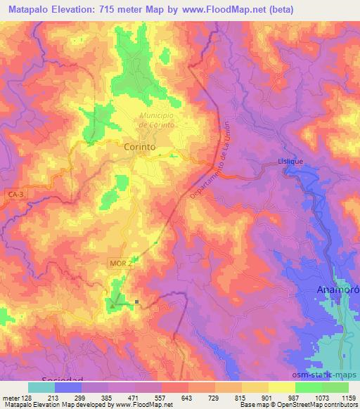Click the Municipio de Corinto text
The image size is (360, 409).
point(156,120)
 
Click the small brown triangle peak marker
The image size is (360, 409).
point(111,305)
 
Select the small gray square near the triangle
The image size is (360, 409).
point(136,303)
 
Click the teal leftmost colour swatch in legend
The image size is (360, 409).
point(40,387)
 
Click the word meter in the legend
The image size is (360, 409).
point(10,396)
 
